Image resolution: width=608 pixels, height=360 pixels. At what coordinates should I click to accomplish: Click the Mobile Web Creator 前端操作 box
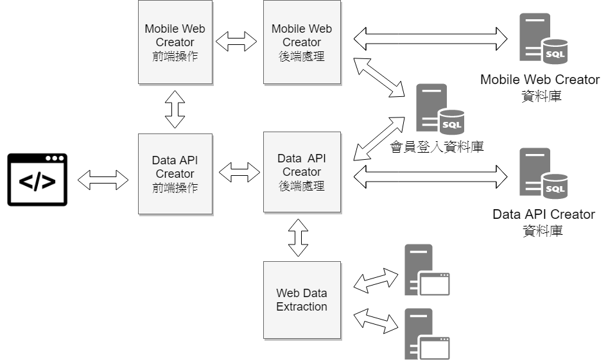point(175,42)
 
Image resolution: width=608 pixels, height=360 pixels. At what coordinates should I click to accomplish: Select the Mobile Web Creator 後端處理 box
point(302,42)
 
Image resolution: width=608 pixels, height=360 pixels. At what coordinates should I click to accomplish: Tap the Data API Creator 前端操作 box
point(175,174)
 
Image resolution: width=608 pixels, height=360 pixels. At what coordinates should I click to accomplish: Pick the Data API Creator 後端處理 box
point(302,172)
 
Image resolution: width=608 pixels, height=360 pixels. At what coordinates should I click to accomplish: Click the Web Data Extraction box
point(302,300)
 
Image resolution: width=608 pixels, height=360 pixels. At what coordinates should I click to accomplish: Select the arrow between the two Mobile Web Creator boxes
point(236,42)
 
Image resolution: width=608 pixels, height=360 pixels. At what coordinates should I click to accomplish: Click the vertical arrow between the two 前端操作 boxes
point(175,108)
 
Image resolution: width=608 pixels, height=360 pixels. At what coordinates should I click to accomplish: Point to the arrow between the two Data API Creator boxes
point(239,172)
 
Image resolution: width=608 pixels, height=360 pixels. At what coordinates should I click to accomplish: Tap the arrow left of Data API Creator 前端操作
point(103,180)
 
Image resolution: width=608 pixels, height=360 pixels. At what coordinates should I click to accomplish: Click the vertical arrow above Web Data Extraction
point(298,237)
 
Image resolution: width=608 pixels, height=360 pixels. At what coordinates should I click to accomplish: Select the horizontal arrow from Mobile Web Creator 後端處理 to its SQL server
point(430,39)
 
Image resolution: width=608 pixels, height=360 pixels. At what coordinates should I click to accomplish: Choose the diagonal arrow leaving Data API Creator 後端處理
point(379,139)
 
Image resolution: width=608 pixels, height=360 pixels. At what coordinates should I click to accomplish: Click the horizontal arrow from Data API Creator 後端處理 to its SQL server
point(430,177)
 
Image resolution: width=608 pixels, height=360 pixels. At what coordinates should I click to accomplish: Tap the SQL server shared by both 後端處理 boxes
point(439,109)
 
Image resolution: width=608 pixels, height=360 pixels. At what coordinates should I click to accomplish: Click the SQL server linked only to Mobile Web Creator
point(543,39)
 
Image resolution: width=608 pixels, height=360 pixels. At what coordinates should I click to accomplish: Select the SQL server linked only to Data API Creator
point(543,173)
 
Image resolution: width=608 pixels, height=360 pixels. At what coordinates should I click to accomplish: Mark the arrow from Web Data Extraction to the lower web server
point(376,320)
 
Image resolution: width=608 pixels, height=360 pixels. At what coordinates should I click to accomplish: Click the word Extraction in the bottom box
point(302,307)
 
